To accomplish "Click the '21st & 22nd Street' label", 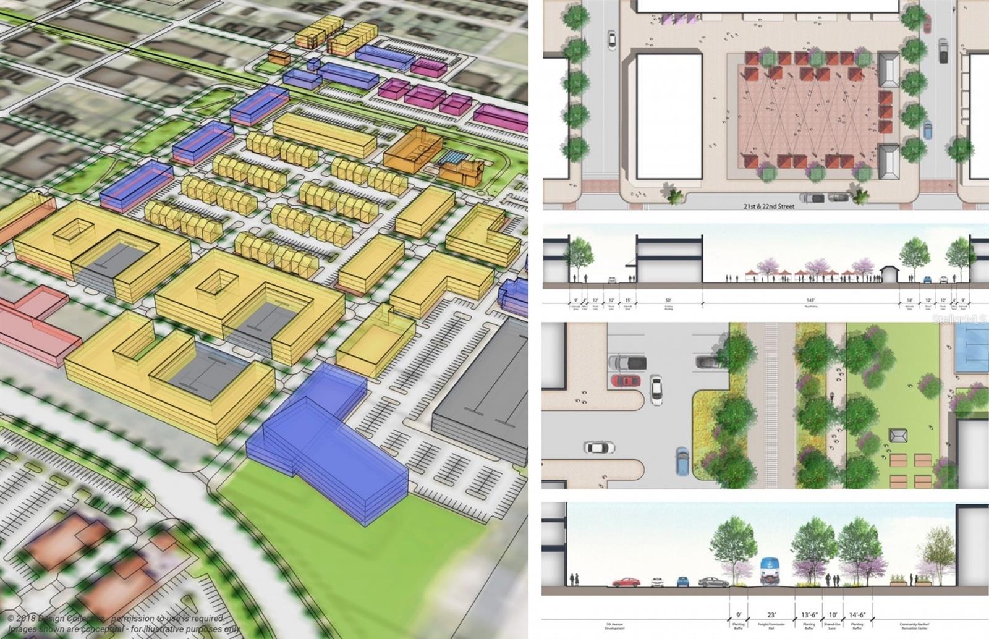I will [x=769, y=206].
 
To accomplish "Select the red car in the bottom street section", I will [x=626, y=582].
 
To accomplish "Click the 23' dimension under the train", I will [x=771, y=615].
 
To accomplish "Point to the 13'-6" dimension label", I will [x=809, y=615].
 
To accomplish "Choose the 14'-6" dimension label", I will [x=857, y=615].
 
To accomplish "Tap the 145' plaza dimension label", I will [x=802, y=300].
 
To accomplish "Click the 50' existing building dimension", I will [x=668, y=300].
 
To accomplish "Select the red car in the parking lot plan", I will [x=626, y=380].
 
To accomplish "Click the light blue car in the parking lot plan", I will [x=682, y=460].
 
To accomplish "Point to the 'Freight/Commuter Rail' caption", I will [x=771, y=625].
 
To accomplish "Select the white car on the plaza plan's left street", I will [x=611, y=40].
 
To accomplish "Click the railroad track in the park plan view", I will [x=771, y=405].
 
